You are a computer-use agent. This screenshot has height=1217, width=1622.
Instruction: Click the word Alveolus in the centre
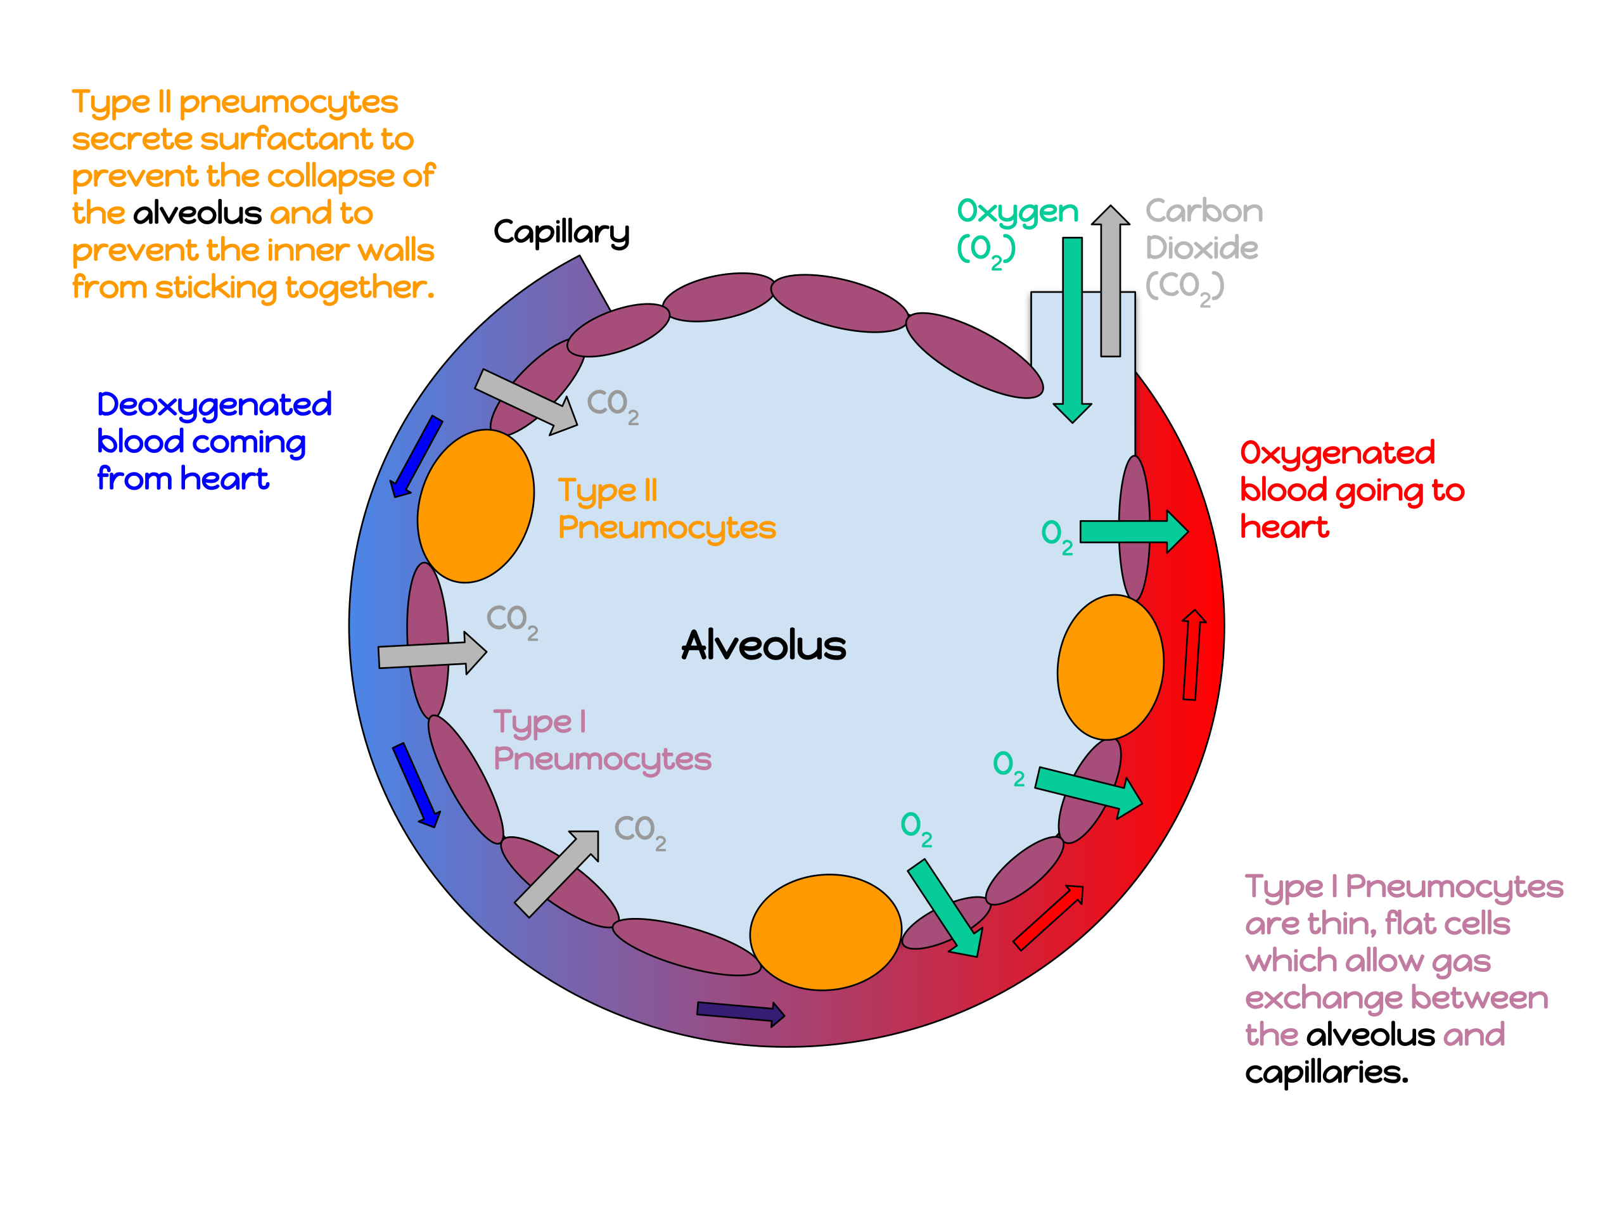click(763, 645)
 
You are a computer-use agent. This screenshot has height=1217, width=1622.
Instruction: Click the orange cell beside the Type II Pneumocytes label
click(475, 506)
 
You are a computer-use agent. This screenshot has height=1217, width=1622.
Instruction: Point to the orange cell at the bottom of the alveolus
click(825, 932)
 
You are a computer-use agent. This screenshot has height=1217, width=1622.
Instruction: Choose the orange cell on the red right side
click(1110, 667)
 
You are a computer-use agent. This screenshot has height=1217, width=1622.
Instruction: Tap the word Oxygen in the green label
click(1018, 212)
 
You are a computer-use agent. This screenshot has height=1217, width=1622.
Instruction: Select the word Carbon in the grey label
click(1204, 211)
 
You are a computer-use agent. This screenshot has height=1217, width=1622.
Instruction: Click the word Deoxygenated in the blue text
click(214, 405)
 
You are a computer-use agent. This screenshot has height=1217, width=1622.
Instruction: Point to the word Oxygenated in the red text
click(1337, 453)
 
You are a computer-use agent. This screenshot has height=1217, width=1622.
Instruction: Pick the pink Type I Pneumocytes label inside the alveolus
click(601, 741)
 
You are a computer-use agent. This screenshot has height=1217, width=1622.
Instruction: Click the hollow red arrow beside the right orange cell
click(1193, 654)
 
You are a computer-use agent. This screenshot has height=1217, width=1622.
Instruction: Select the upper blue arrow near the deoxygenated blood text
click(416, 456)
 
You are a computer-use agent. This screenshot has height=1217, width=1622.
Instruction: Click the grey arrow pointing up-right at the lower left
click(558, 872)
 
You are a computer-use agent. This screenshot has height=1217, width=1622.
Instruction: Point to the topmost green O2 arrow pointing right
click(1133, 531)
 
